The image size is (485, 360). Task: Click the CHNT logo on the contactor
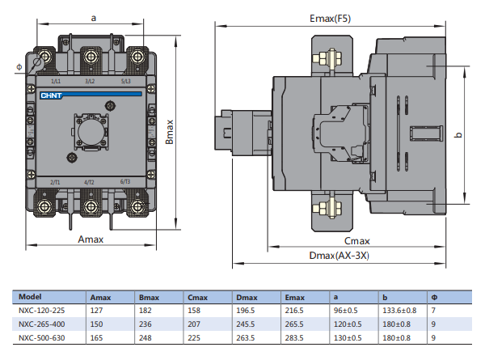tap(52, 94)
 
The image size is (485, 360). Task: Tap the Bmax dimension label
tap(170, 131)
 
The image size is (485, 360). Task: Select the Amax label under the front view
tap(93, 239)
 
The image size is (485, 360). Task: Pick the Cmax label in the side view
tap(356, 241)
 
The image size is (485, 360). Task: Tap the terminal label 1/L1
tap(57, 82)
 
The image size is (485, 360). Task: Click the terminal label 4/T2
tap(90, 182)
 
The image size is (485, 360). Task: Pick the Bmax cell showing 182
tap(145, 310)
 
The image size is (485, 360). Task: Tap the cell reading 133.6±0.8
tap(399, 310)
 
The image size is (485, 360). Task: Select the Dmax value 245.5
tap(246, 324)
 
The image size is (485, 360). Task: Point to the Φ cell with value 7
tap(435, 310)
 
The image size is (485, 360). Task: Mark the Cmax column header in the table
tap(196, 297)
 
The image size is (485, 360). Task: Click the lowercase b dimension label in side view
tap(458, 134)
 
